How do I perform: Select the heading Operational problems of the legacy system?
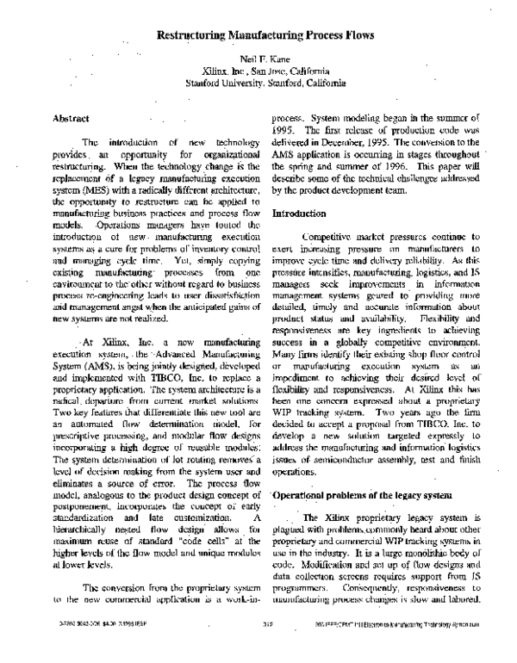pyautogui.click(x=346, y=497)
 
